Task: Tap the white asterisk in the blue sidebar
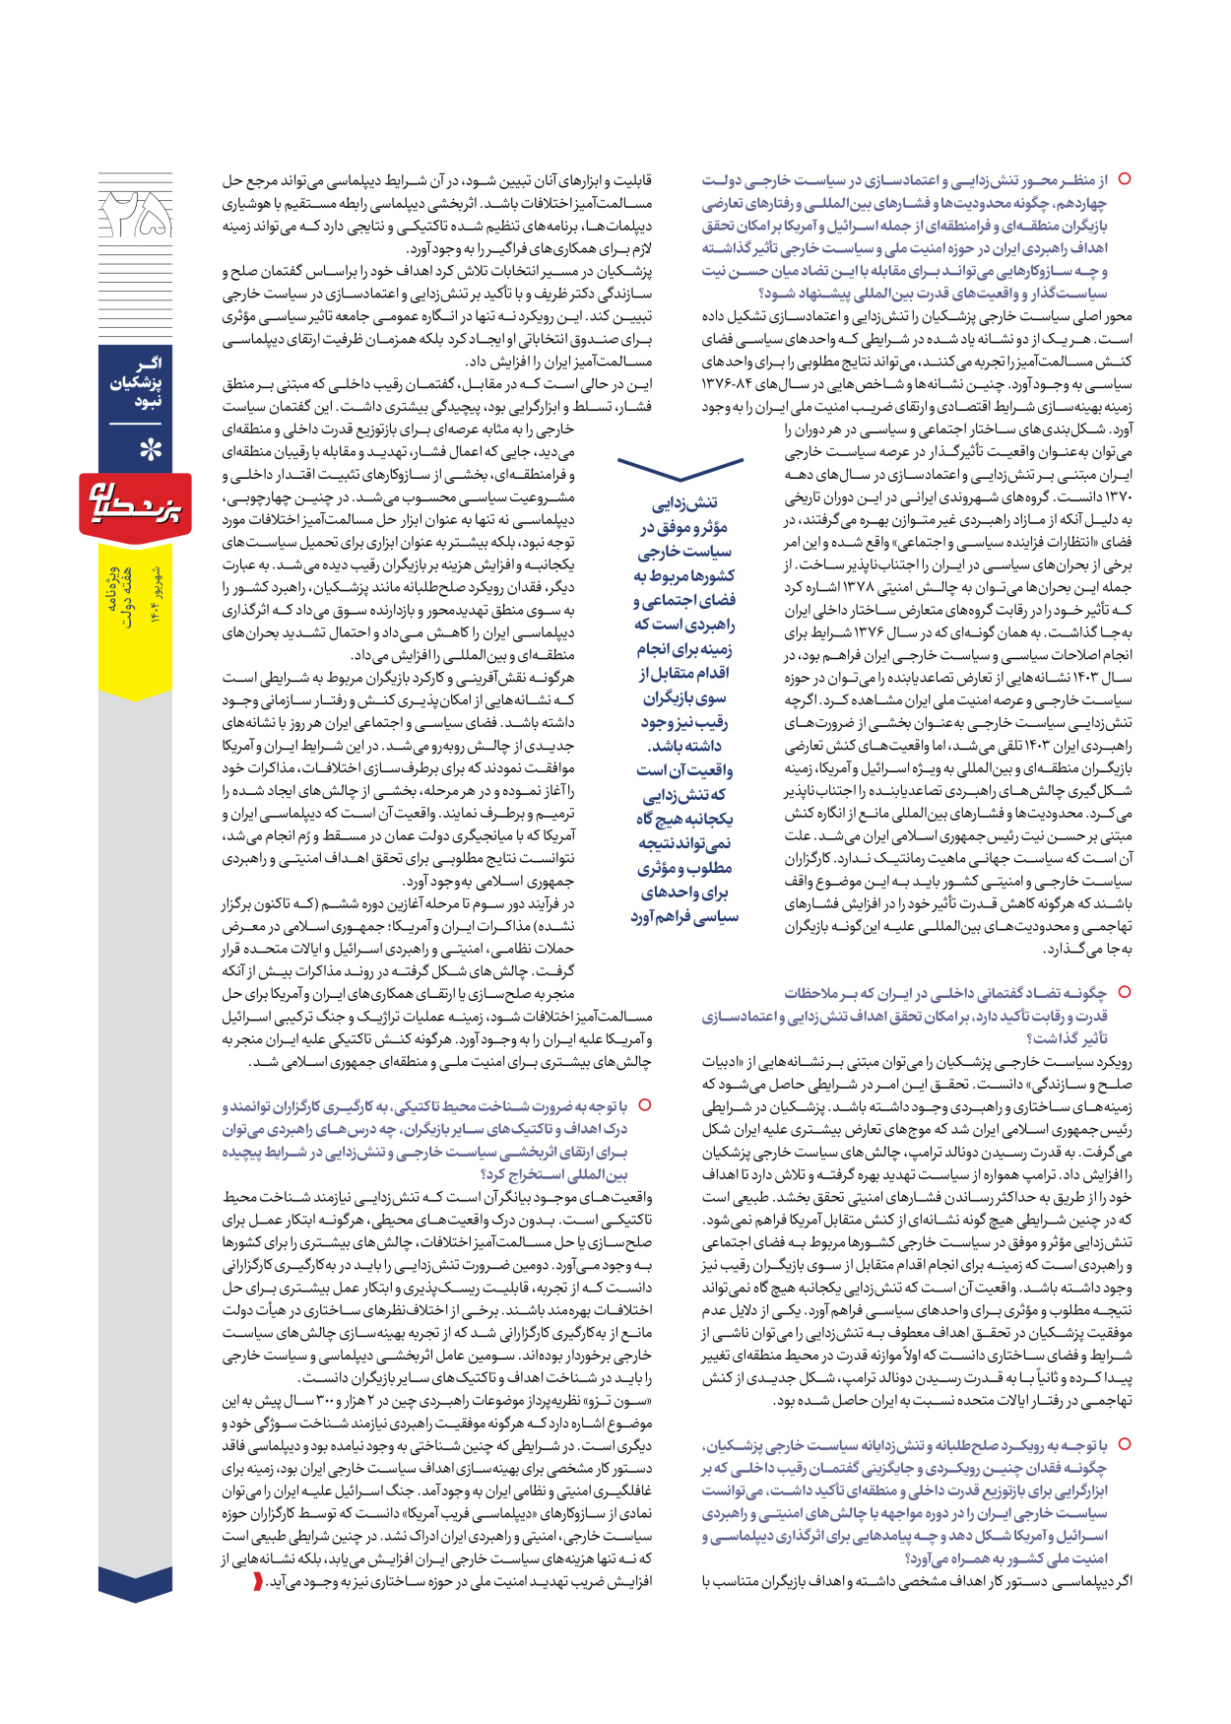click(149, 450)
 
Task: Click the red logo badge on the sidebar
click(135, 504)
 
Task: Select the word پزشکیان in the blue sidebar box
click(136, 382)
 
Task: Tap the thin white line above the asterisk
click(135, 425)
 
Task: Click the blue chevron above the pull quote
click(680, 471)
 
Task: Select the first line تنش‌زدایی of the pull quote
click(686, 503)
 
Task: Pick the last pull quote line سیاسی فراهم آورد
click(684, 917)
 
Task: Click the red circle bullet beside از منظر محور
click(1124, 179)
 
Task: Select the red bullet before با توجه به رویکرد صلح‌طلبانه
click(1124, 1444)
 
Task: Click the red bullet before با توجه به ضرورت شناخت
click(645, 1106)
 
